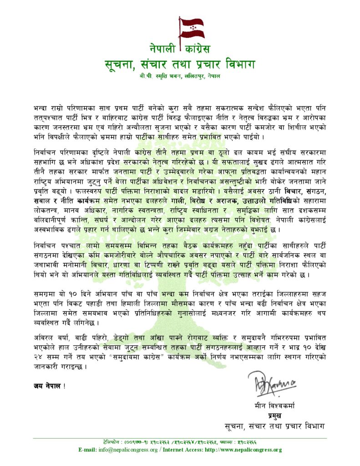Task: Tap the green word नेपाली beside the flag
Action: (163, 47)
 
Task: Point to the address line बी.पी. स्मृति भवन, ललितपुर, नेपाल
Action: (180, 76)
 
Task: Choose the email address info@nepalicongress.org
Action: (127, 450)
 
